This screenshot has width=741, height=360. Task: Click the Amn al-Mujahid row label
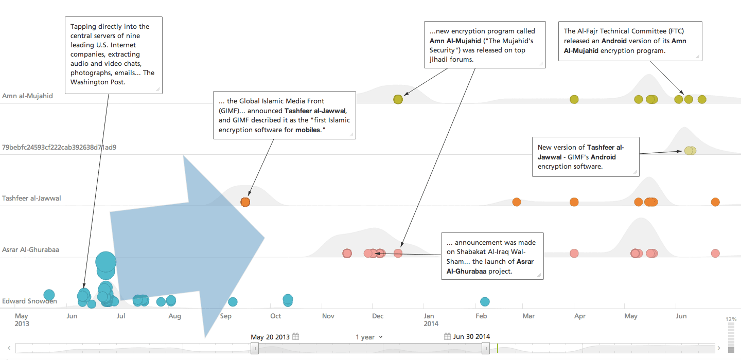coord(27,96)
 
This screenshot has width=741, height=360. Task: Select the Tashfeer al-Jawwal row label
coord(31,198)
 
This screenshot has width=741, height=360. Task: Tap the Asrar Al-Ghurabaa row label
coord(30,249)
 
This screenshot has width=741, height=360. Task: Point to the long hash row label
coord(59,147)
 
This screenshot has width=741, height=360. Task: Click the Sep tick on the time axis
coord(225,316)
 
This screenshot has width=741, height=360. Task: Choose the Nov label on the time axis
coord(328,316)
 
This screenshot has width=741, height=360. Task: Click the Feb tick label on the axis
coord(481,316)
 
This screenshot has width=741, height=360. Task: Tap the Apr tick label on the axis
coord(579,316)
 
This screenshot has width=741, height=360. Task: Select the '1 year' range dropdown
coord(369,337)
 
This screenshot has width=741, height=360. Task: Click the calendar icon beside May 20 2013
coord(295,337)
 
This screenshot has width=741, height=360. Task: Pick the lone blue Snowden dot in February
coord(485,301)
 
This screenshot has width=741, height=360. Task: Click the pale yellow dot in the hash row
coord(689,151)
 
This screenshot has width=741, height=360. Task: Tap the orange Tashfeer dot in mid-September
coord(245,202)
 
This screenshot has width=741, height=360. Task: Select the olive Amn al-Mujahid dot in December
coord(398,99)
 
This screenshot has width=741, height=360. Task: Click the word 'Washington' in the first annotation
coord(89,82)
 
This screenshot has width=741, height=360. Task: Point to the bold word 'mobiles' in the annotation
coord(308,130)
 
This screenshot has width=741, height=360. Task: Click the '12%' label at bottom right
coord(731,319)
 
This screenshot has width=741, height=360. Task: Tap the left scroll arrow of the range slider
coord(9,348)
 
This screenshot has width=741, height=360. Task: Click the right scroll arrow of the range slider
coord(719,348)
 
